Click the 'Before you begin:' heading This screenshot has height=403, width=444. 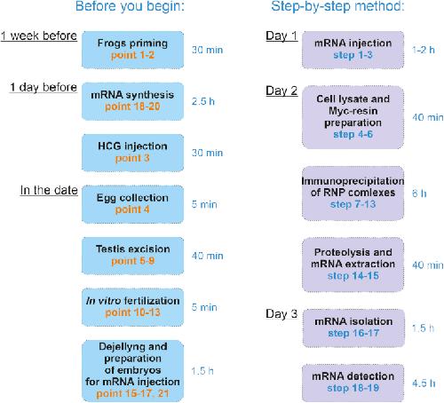130,6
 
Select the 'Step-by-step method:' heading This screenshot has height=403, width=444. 337,6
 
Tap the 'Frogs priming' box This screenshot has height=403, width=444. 132,50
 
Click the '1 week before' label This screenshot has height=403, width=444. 39,36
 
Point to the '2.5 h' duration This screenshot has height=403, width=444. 203,101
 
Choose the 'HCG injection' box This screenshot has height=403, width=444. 132,153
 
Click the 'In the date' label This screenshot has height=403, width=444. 49,190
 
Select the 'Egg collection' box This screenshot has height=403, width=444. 132,204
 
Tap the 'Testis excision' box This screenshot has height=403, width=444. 132,256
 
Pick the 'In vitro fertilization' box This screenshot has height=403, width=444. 132,307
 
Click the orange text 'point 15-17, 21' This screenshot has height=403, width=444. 132,393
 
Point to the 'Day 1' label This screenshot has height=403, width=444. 281,36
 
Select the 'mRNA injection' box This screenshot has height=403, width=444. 353,50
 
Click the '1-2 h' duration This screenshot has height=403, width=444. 424,50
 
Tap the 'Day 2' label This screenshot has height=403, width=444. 281,91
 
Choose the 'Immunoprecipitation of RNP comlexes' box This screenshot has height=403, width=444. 353,193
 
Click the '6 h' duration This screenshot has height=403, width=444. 419,194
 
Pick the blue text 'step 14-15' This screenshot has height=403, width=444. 353,276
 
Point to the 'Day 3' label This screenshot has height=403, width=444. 281,314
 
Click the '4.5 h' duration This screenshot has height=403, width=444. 424,383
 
